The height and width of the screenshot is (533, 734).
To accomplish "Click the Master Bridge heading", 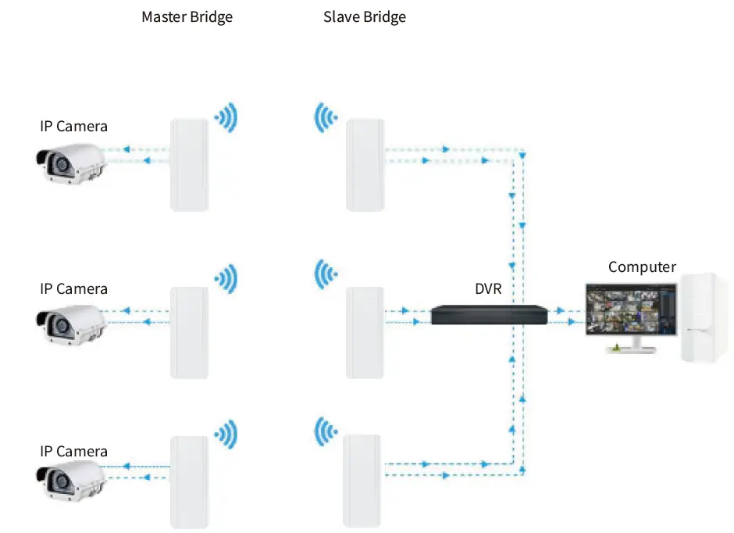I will point(187,17).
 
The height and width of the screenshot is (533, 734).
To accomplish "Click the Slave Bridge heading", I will point(365,17).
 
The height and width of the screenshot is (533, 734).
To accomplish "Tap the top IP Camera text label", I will point(74,126).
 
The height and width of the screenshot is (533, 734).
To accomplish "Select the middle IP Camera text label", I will point(74,288).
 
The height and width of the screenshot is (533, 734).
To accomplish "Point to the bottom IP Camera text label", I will point(74,451).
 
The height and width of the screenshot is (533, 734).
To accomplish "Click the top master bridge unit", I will point(189,164).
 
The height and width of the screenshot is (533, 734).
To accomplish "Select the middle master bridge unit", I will point(189,333).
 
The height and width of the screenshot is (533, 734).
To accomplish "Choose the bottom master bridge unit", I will point(189,481).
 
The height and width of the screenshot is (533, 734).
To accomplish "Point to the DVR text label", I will point(488,289).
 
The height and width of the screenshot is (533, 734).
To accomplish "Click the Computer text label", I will point(642,267).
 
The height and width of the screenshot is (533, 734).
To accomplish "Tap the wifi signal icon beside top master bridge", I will point(226,118).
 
